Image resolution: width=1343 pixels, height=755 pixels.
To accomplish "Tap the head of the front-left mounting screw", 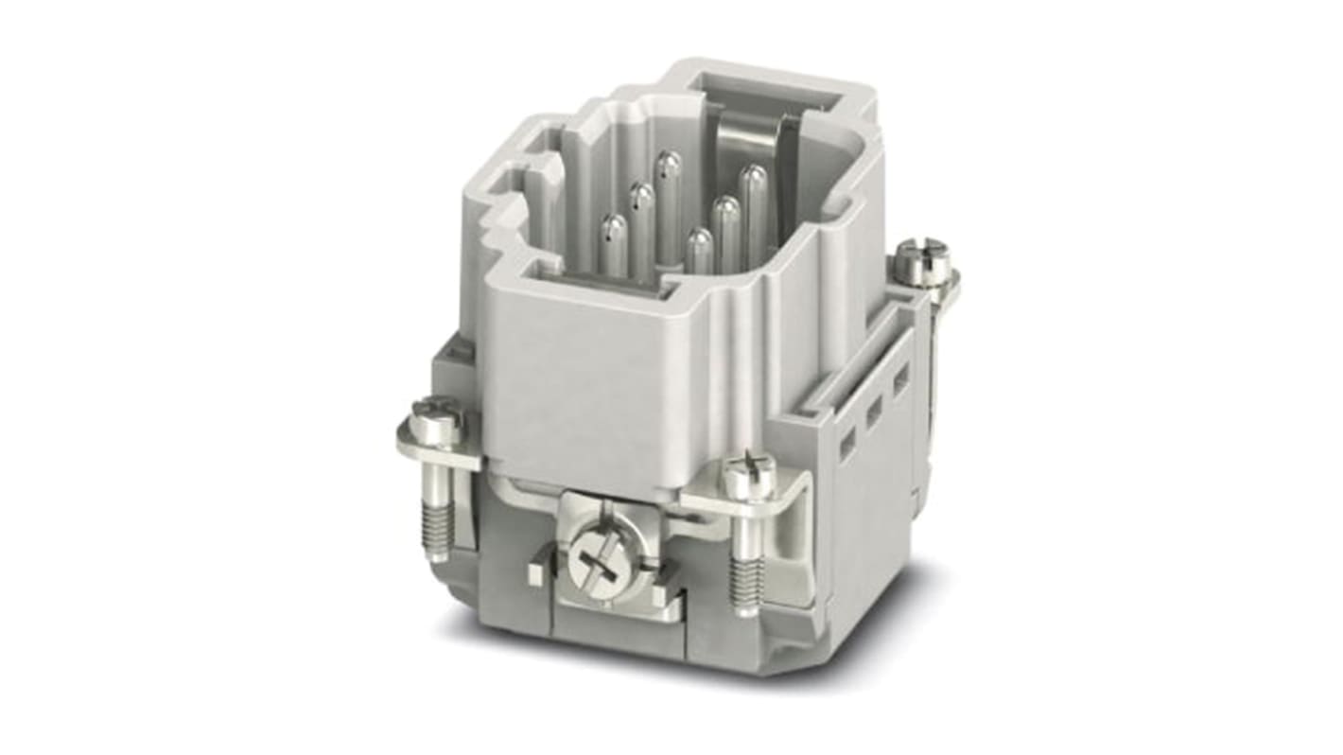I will pos(435,423).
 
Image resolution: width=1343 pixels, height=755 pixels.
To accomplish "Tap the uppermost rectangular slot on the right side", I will pos(900,378).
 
